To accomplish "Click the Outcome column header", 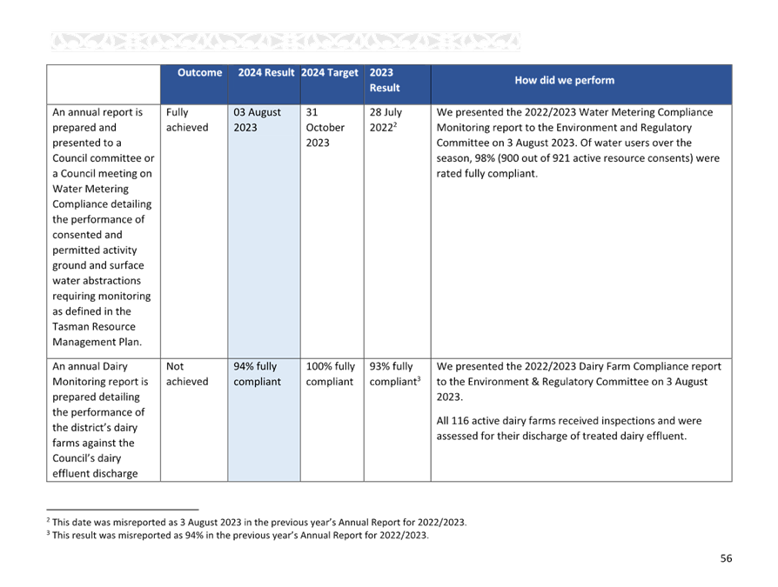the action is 199,72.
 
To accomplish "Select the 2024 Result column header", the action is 266,72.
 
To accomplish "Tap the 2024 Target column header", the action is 330,72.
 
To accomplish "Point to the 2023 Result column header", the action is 385,80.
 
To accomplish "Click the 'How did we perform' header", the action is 564,80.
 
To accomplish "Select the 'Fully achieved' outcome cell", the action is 187,119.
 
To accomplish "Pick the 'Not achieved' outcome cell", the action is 187,374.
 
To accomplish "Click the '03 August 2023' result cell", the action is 257,119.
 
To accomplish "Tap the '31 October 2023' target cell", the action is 325,128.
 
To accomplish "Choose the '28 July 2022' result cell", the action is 386,119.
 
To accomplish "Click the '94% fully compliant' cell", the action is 257,374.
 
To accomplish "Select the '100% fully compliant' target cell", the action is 331,374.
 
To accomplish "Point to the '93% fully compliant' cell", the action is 395,374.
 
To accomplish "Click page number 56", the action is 726,558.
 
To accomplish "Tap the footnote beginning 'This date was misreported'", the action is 257,522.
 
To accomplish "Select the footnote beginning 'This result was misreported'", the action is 238,535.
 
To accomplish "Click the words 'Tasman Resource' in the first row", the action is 94,327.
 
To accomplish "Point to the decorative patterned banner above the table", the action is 285,42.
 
